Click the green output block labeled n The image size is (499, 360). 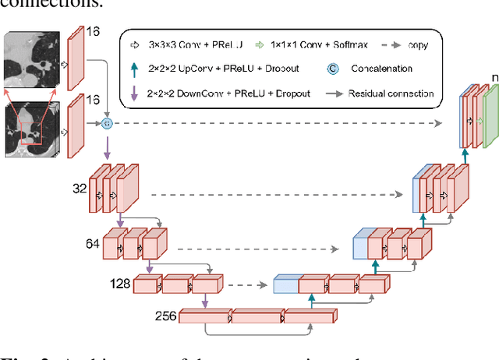[x=490, y=119]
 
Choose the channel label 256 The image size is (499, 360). [x=165, y=316]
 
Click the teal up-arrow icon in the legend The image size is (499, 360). [x=135, y=68]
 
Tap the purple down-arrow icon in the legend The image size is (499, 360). [x=135, y=94]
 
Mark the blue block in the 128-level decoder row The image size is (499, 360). [x=285, y=285]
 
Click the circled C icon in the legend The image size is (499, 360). [x=333, y=68]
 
